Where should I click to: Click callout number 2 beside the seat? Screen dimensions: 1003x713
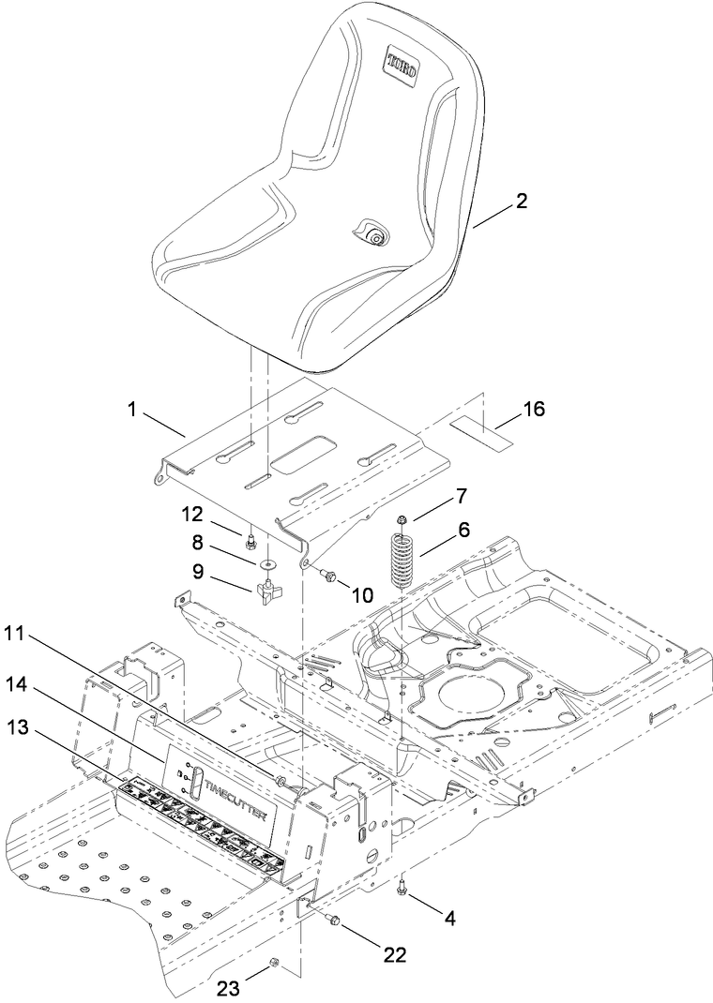click(522, 201)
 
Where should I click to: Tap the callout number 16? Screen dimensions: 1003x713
click(533, 409)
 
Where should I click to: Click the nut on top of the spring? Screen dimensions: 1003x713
click(402, 519)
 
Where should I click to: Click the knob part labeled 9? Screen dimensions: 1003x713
click(265, 592)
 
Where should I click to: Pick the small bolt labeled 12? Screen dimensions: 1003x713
click(251, 541)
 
